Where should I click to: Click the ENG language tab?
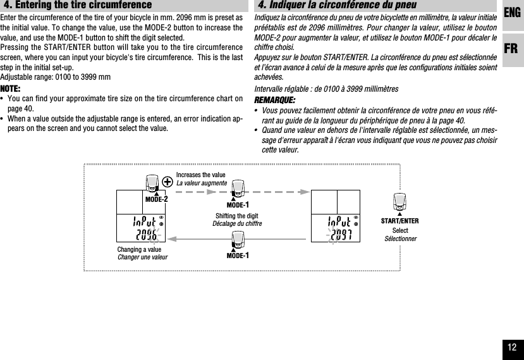pos(513,13)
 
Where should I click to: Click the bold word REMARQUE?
pos(274,101)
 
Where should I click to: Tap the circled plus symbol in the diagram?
pos(168,181)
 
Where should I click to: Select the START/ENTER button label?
pos(399,221)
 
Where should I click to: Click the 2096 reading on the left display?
pos(145,236)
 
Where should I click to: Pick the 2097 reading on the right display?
pos(339,236)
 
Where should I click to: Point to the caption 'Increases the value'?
pos(200,175)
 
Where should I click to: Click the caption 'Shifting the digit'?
pos(236,216)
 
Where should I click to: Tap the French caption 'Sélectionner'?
pos(399,237)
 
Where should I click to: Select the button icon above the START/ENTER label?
pos(399,202)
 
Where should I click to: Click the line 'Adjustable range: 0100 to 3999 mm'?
pos(56,77)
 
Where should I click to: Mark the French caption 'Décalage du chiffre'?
pos(236,224)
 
